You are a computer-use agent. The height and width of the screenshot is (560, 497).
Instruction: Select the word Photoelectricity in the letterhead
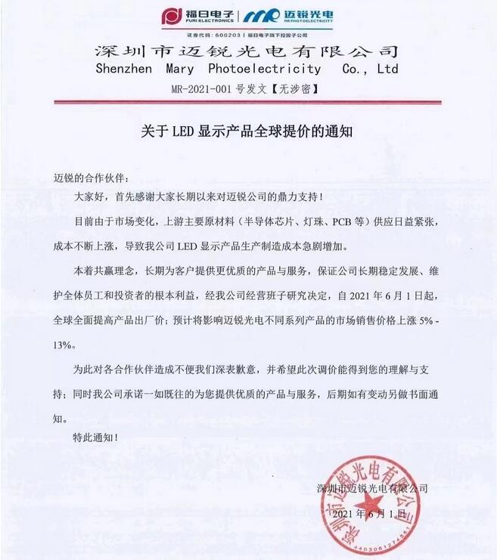(x=266, y=69)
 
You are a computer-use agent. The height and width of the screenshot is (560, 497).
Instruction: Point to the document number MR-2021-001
(x=198, y=88)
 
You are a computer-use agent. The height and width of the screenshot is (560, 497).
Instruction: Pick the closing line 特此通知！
(x=95, y=436)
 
